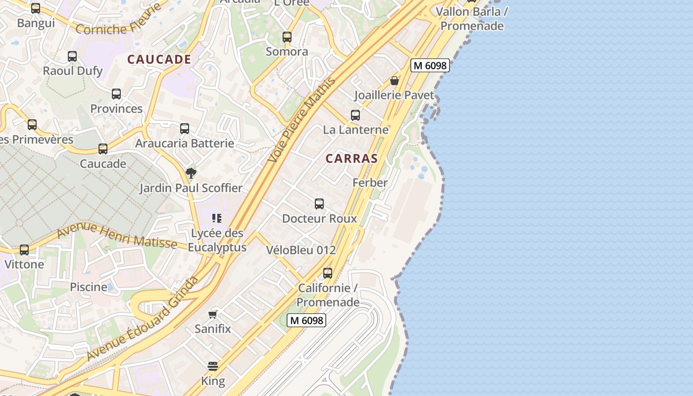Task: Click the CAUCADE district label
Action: pos(159,59)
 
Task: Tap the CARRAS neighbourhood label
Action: pos(351,159)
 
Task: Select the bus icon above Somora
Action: pos(287,37)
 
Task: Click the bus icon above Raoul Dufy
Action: pos(72,56)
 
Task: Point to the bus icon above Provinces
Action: pos(116,94)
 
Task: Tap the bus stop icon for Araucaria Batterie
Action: pos(185,129)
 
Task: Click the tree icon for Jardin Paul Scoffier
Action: pos(191,173)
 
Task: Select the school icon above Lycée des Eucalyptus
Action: pos(216,218)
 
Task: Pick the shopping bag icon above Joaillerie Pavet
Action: pos(395,81)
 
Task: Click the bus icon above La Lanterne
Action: pos(355,115)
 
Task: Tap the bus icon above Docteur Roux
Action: pos(319,204)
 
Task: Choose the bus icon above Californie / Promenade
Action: pos(328,273)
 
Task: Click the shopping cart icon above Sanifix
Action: pos(213,314)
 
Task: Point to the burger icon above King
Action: pos(213,367)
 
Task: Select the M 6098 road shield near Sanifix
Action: pos(306,320)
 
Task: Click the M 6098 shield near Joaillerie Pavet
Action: pos(430,65)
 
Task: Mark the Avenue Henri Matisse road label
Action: pos(117,236)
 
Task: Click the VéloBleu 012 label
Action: pos(301,250)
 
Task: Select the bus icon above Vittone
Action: pos(24,250)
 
